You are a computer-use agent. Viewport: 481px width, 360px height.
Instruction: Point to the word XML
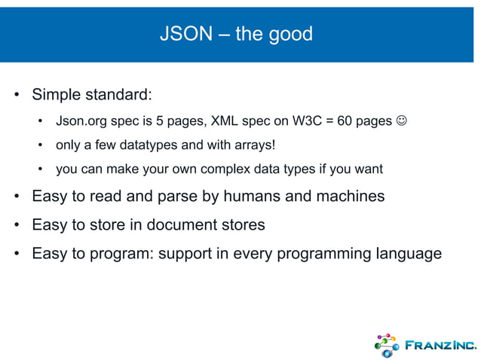tap(224, 121)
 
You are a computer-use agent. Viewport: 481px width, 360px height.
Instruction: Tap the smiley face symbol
tap(403, 121)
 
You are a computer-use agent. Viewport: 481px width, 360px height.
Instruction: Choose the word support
tap(188, 253)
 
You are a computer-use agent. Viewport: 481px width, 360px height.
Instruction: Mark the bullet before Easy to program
tap(16, 253)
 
